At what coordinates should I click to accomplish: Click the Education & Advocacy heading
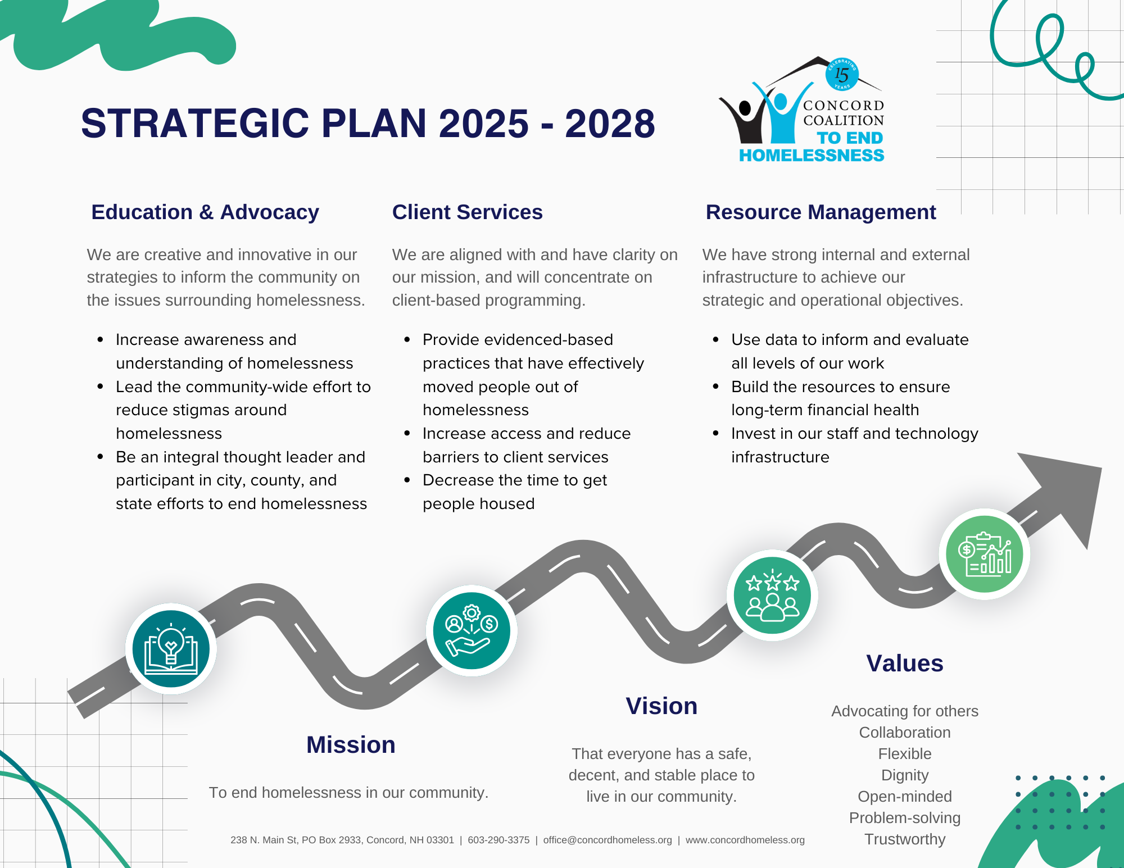(205, 212)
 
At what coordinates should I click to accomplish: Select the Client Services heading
(467, 212)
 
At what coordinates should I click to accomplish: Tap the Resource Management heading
(821, 212)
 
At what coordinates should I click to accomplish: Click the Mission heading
(351, 745)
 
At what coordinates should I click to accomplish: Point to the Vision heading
(661, 706)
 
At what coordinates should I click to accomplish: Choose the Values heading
(904, 664)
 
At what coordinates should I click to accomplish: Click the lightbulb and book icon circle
(171, 649)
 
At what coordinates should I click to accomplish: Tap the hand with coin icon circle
(472, 630)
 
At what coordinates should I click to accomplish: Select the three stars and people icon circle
(772, 596)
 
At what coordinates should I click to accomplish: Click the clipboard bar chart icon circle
(985, 554)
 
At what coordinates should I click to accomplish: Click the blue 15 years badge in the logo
(842, 74)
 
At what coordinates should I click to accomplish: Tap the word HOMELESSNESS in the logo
(812, 156)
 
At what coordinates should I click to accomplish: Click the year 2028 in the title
(610, 124)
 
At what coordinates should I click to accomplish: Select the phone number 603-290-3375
(498, 840)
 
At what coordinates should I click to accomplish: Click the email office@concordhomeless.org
(608, 840)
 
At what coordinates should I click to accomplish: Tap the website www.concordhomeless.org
(745, 840)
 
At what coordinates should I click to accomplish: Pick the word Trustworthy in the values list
(905, 839)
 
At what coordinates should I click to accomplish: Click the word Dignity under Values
(905, 775)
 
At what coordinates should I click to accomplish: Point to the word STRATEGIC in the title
(195, 124)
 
